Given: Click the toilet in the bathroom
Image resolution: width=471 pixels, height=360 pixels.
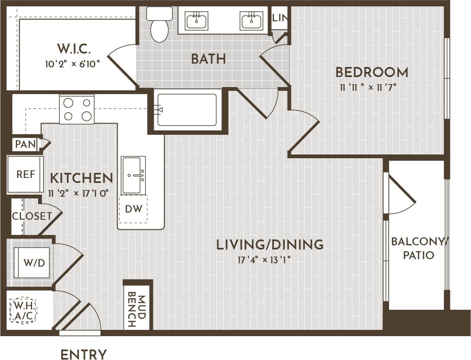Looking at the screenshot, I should click(x=160, y=26).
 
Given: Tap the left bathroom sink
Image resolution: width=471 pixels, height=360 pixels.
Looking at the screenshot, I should click(x=196, y=20).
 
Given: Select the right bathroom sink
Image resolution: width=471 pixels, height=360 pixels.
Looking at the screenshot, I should click(x=251, y=20).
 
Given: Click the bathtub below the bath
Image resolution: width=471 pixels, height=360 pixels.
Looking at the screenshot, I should click(x=187, y=110).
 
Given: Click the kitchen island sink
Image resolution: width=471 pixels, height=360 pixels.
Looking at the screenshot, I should click(x=133, y=175).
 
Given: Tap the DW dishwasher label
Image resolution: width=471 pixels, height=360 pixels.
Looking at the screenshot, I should click(x=134, y=208).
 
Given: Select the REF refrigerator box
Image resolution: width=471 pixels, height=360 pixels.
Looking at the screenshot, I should click(x=26, y=174).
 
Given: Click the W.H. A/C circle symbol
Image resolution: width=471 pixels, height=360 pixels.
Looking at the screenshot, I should click(x=23, y=310).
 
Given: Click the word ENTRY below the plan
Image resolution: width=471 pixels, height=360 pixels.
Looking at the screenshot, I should click(x=84, y=355).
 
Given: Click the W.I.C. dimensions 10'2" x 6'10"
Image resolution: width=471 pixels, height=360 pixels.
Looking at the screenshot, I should click(x=73, y=64).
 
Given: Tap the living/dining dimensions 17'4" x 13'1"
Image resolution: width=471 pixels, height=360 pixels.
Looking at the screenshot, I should click(x=264, y=260).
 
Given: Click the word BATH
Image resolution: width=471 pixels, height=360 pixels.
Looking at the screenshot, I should click(x=208, y=59).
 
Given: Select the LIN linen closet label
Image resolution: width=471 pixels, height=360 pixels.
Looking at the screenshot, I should click(x=279, y=18).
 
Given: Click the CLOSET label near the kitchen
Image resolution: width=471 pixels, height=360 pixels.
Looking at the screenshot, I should click(x=32, y=216).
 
